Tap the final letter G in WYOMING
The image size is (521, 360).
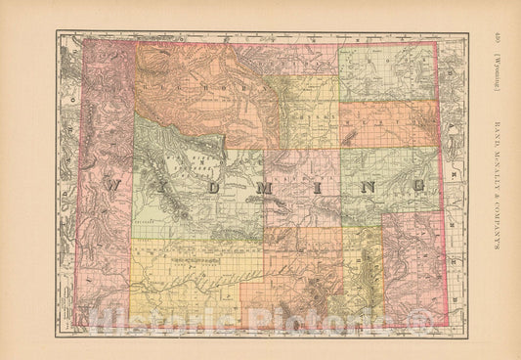point(418,183)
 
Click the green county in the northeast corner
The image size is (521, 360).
point(386,73)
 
